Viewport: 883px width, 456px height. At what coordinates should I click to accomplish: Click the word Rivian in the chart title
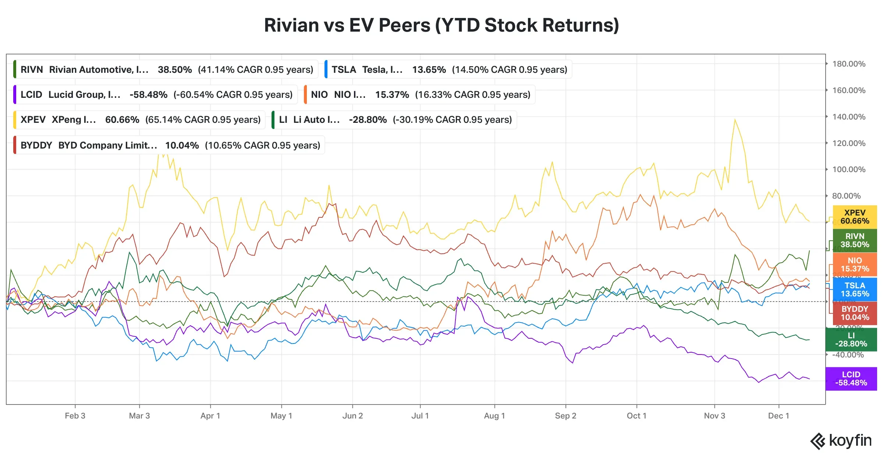tap(291, 25)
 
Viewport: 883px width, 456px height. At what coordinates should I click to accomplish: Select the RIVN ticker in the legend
tap(32, 70)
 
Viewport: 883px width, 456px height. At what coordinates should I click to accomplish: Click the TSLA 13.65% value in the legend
tap(429, 70)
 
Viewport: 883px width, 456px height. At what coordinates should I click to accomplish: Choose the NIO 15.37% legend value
tap(392, 95)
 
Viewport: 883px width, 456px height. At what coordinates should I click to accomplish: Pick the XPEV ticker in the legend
tap(33, 120)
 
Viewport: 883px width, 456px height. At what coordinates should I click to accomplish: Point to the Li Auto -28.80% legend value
tap(368, 120)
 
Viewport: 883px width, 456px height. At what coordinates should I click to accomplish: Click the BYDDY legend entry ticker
tap(36, 145)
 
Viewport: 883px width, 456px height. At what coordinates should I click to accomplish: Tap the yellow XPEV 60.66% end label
tap(854, 217)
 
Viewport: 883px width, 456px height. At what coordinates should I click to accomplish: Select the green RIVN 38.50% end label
tap(854, 241)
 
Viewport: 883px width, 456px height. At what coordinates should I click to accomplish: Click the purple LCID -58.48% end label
tap(851, 379)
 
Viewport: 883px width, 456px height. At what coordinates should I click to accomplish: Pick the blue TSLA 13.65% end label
tap(854, 290)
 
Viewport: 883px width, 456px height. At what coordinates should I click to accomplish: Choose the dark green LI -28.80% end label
tap(851, 340)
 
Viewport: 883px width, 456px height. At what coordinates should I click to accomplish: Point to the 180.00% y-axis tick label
tap(848, 64)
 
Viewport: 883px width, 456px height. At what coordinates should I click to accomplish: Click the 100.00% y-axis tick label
tap(848, 170)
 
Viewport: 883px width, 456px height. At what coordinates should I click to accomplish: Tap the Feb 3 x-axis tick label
tap(75, 416)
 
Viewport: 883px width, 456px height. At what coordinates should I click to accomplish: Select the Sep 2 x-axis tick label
tap(565, 416)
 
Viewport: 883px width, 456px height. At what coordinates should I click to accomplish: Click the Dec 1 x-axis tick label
tap(779, 416)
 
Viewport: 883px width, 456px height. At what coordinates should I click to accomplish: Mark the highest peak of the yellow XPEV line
tap(735, 120)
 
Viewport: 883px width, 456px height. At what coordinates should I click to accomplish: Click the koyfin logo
tap(841, 441)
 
